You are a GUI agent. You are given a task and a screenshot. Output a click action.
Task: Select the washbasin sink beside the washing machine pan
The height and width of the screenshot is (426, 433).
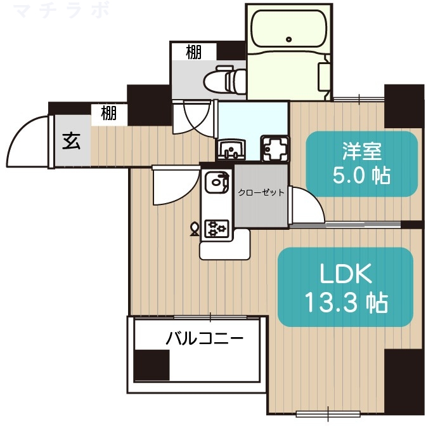click(x=231, y=150)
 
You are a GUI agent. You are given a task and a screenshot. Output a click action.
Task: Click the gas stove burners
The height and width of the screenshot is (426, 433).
click(x=217, y=227)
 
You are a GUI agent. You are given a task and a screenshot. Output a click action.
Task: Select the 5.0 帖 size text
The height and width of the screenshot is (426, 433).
click(x=361, y=175)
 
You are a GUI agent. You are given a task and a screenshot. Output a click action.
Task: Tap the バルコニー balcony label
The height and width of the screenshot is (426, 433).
click(x=204, y=338)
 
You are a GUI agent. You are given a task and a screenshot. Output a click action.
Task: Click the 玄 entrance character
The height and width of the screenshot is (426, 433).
click(x=71, y=141)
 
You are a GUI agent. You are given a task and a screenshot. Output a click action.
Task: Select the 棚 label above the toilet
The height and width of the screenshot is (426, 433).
click(x=193, y=52)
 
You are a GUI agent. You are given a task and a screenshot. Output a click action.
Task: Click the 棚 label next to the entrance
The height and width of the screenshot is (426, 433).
click(x=108, y=114)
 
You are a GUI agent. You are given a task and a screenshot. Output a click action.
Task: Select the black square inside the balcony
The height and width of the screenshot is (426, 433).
click(x=152, y=366)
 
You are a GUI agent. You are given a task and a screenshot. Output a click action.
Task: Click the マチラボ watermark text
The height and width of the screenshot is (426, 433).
click(x=61, y=11)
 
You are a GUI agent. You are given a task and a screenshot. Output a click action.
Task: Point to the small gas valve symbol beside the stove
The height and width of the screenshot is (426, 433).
click(x=195, y=227)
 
